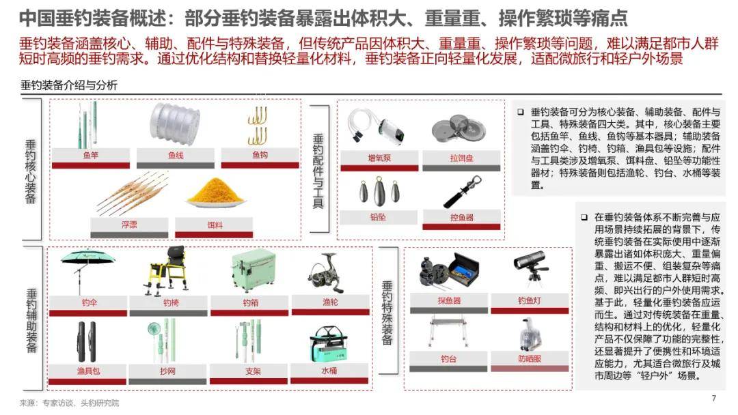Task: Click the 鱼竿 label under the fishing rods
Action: (90, 156)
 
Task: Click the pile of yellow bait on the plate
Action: (215, 192)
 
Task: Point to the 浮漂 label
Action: (129, 224)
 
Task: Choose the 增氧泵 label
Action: (379, 158)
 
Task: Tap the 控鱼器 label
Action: (462, 217)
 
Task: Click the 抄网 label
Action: (167, 371)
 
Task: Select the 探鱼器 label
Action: (449, 300)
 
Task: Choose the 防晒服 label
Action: (530, 358)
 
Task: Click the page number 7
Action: (714, 398)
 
